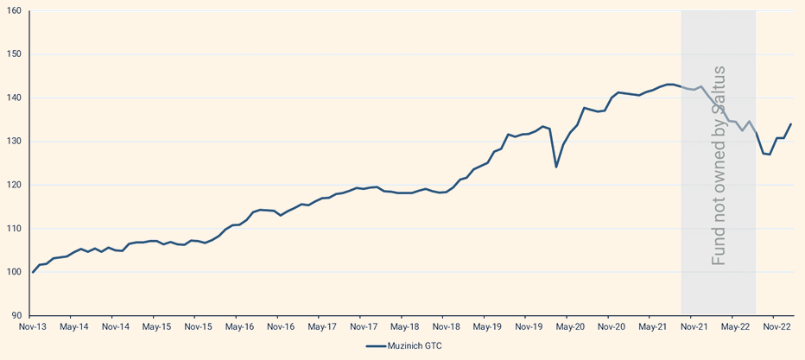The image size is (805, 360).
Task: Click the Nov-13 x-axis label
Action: (33, 327)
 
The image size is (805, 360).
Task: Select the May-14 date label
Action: (73, 327)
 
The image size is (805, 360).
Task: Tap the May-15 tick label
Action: (156, 327)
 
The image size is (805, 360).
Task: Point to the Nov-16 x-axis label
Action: (281, 327)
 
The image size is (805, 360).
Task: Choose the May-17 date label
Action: (321, 327)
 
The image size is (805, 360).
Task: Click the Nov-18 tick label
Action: (446, 327)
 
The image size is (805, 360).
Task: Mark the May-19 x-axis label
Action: (487, 327)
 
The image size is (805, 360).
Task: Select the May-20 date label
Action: (570, 327)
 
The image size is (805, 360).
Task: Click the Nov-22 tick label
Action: (776, 327)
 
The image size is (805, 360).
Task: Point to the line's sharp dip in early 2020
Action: (556, 167)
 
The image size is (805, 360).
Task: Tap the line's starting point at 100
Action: (33, 272)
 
